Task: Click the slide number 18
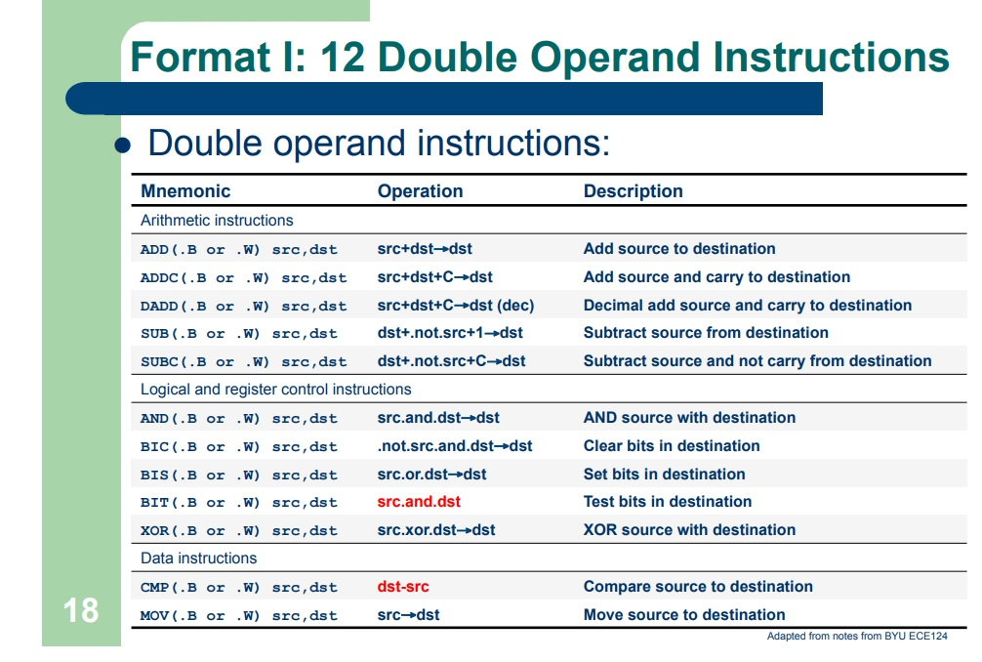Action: click(81, 610)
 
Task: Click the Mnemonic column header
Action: click(185, 191)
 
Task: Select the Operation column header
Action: click(420, 191)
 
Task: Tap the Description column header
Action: click(633, 191)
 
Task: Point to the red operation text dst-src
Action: click(403, 587)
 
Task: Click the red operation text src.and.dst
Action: click(419, 502)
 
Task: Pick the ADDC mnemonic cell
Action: click(243, 277)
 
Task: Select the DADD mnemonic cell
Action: click(243, 306)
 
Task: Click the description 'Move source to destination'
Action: click(683, 615)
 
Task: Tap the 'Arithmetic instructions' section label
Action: click(217, 221)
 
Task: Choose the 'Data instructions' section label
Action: click(199, 559)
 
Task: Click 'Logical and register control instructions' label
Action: click(276, 390)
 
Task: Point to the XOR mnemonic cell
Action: click(238, 530)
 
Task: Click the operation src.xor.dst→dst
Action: click(436, 530)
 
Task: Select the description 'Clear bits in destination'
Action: click(672, 446)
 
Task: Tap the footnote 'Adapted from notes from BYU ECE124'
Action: click(856, 637)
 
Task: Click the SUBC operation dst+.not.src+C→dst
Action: click(451, 361)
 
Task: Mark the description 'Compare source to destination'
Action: click(698, 587)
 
